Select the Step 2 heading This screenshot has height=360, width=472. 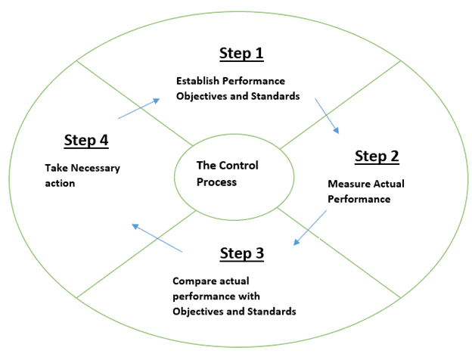coord(377,157)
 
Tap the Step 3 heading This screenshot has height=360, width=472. coord(242,253)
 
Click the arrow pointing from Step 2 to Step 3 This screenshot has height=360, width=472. coord(310,228)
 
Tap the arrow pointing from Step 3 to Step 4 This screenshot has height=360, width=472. coord(157,238)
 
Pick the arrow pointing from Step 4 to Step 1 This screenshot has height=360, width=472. coord(138,109)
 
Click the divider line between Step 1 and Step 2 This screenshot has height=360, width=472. coord(340,104)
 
